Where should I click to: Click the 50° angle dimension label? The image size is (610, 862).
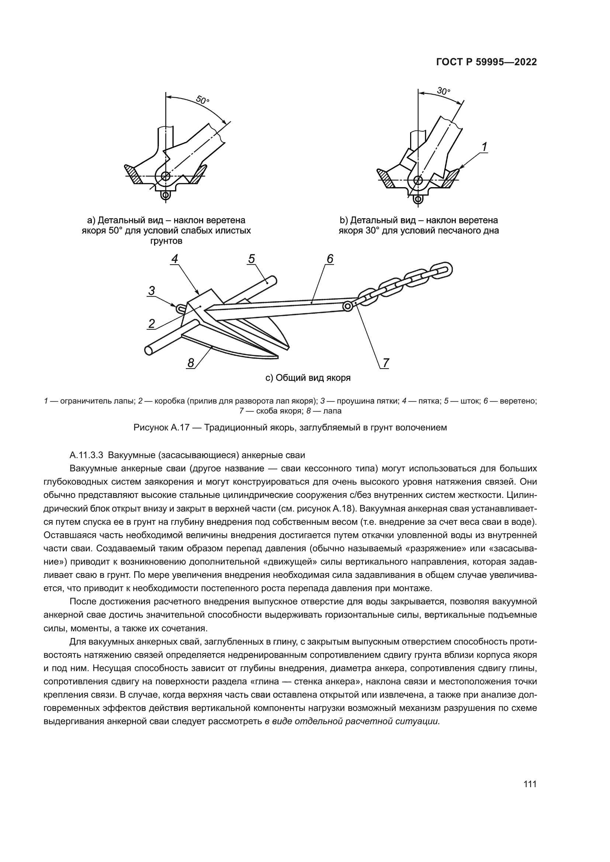pos(202,100)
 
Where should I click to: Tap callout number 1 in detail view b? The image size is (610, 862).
pos(485,147)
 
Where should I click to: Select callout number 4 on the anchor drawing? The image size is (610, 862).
pos(175,259)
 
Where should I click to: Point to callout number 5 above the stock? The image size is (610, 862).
pos(252,259)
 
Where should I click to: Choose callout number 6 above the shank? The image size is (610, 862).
pos(330,259)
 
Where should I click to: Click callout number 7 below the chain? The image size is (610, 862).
pos(386,363)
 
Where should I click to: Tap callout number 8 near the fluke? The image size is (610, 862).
pos(191,363)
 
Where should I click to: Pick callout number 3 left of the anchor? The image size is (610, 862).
pos(152,290)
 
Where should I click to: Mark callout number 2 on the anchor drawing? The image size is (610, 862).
pos(152,323)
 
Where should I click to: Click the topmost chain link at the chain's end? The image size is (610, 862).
pos(441,270)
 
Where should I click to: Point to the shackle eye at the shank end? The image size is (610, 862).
pos(347,307)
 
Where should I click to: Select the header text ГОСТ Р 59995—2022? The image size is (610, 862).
pos(486,62)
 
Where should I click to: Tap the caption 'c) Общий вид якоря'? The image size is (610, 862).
pos(308,378)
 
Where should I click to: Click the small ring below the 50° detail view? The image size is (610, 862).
pos(165,195)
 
